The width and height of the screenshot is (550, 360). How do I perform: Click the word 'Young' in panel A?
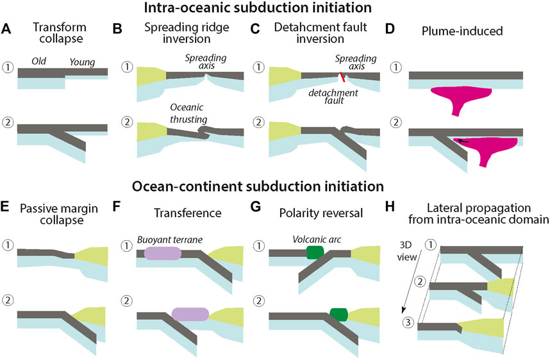(x=85, y=61)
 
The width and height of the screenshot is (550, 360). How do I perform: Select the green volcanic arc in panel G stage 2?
(x=337, y=315)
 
